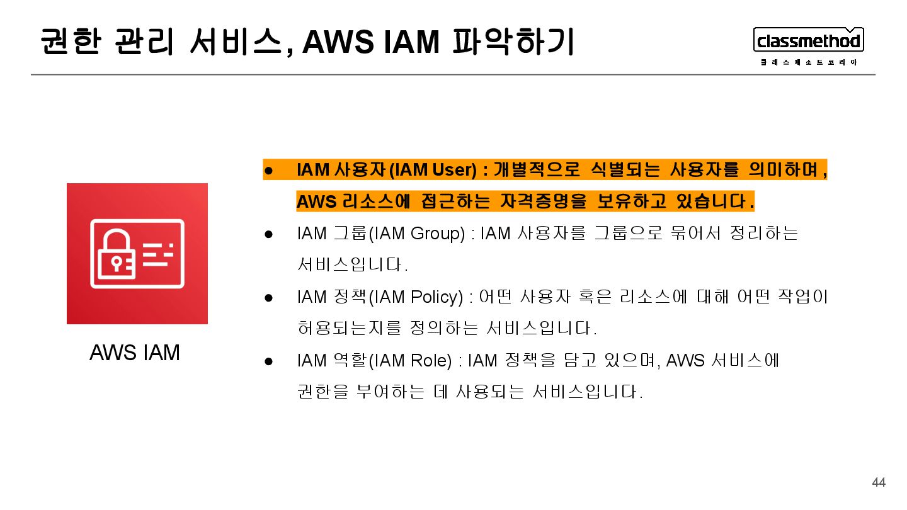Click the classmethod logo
808,41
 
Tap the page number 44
878,483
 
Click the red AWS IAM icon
137,254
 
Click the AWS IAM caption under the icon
135,353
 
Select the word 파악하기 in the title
513,42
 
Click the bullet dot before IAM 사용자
268,170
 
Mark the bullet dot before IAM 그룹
268,234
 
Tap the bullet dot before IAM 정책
268,297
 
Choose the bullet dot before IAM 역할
268,361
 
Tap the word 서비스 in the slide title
236,42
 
